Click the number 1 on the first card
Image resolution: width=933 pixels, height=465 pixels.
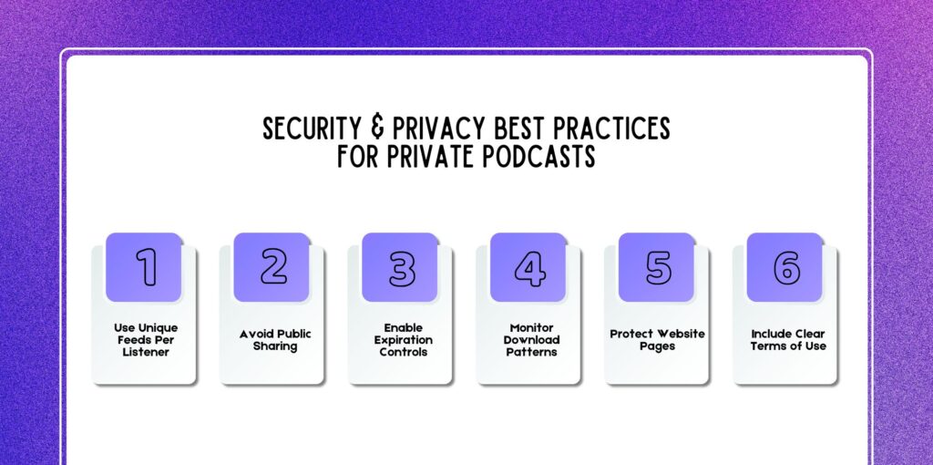point(145,267)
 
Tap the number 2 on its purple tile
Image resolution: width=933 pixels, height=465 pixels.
point(273,267)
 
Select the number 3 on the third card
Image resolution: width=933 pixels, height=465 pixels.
point(402,267)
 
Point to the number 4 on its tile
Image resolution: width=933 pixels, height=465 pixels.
point(529,267)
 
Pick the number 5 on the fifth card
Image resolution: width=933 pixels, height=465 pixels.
point(658,267)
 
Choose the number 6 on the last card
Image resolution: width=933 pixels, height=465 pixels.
point(786,267)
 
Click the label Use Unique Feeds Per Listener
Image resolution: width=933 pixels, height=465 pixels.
point(146,339)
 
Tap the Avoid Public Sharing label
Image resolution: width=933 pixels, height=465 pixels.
point(274,339)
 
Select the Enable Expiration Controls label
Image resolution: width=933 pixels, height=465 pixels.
point(402,339)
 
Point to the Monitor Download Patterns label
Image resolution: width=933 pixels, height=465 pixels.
point(531,339)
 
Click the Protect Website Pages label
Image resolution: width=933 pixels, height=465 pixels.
point(658,339)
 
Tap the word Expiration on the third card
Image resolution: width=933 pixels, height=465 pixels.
point(402,340)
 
